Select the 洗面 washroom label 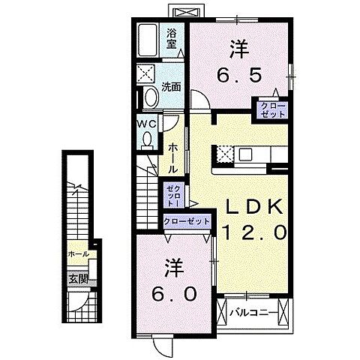172,87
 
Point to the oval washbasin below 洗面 149,98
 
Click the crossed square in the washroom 146,75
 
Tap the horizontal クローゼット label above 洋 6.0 185,223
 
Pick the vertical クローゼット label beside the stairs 173,195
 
